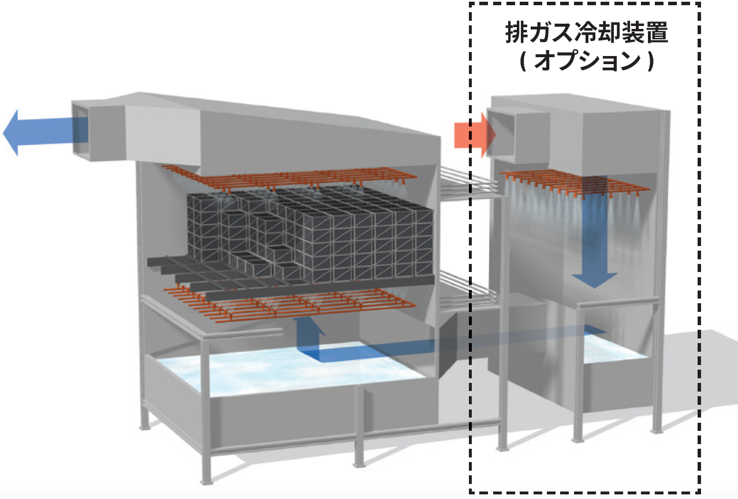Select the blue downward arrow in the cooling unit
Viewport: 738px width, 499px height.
tap(592, 243)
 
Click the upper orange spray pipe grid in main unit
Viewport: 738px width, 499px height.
tap(289, 176)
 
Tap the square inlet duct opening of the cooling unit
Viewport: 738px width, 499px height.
tap(502, 133)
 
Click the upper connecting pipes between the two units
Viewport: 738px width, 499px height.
tap(468, 182)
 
